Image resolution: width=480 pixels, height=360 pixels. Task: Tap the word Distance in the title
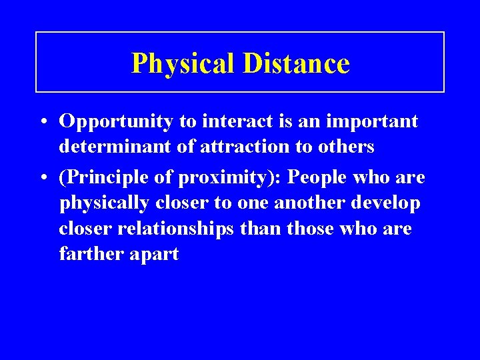(296, 63)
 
